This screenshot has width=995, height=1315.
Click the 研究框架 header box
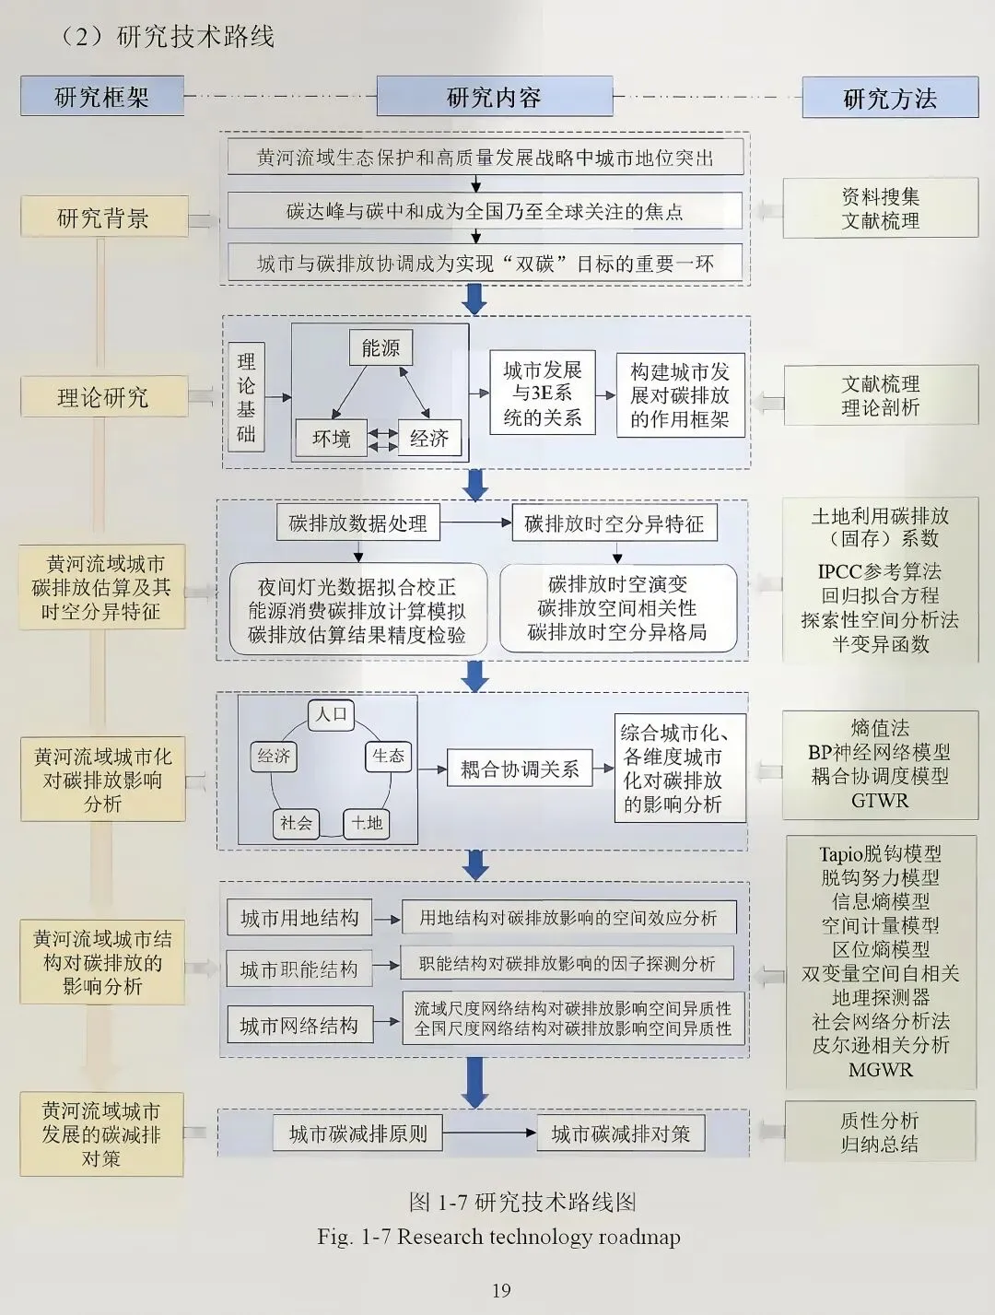point(101,97)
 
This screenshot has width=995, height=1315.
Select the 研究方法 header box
point(890,98)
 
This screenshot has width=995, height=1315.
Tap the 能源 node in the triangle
point(380,347)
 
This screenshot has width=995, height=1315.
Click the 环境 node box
point(331,439)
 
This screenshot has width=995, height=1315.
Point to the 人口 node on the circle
point(331,714)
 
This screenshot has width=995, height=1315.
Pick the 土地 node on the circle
point(367,823)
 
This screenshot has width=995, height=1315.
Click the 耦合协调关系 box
point(520,769)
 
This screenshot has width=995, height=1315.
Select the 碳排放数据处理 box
point(357,523)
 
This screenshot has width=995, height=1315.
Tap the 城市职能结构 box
point(299,969)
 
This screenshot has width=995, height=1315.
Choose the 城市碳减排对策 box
point(621,1133)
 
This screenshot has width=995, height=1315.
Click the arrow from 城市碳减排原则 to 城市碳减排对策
point(490,1133)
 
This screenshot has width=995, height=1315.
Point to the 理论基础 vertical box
point(246,397)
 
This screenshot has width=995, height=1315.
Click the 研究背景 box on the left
point(103,217)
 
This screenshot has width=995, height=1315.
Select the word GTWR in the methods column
point(880,801)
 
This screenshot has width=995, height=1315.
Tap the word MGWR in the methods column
point(880,1070)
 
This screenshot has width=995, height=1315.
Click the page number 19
point(501,1290)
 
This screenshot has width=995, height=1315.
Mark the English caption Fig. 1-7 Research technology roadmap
point(498,1237)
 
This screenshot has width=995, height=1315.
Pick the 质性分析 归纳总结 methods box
point(880,1132)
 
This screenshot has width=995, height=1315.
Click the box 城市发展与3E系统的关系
point(542,393)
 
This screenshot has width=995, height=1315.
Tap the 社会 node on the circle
point(296,823)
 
